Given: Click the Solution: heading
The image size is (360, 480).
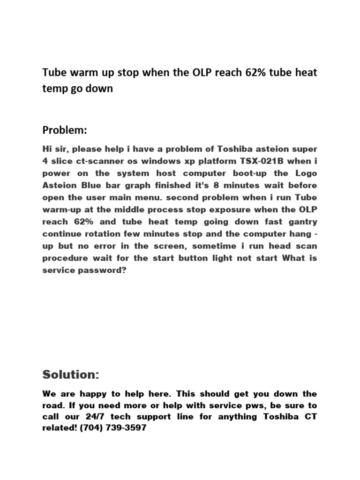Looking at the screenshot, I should point(71,375).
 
